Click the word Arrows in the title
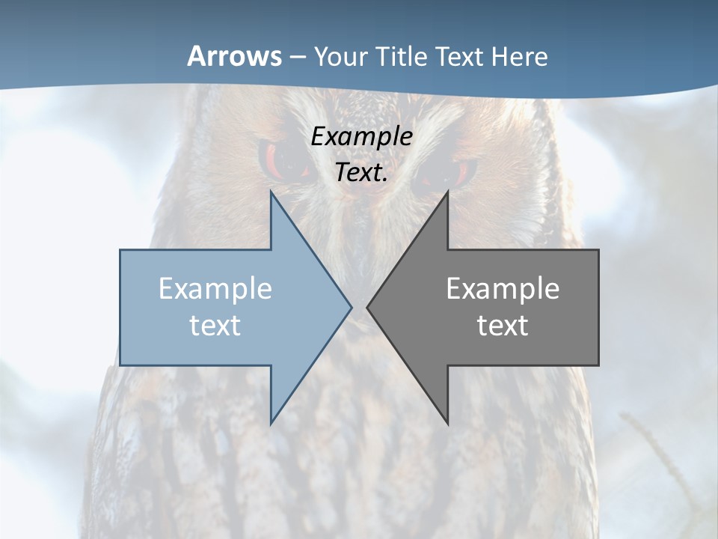pos(234,56)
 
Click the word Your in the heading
pos(341,56)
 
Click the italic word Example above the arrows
pos(361,137)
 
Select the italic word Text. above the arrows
pos(361,172)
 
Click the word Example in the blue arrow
pos(215,288)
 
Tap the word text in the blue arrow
pos(215,325)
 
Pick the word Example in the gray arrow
pos(503,288)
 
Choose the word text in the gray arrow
pos(503,325)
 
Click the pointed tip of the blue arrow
pos(351,307)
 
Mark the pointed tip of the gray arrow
pos(368,307)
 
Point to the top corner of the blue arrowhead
pos(271,192)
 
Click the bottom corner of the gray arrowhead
pos(447,423)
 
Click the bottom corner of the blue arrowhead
pos(271,423)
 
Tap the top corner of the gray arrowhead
pos(447,192)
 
